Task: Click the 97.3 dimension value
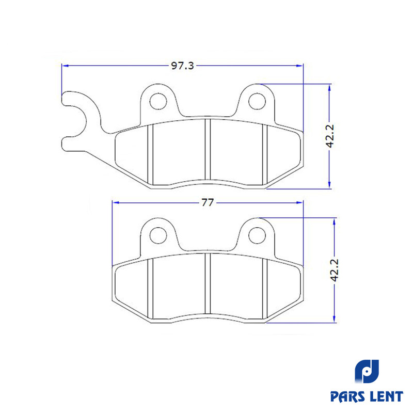pyautogui.click(x=183, y=66)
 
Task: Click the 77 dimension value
pyautogui.click(x=208, y=202)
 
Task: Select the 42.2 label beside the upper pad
pyautogui.click(x=330, y=136)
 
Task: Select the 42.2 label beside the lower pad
pyautogui.click(x=335, y=270)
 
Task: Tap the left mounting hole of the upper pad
pyautogui.click(x=158, y=101)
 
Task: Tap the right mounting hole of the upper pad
pyautogui.click(x=257, y=101)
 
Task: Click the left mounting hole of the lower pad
pyautogui.click(x=158, y=235)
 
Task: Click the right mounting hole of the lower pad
pyautogui.click(x=257, y=235)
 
